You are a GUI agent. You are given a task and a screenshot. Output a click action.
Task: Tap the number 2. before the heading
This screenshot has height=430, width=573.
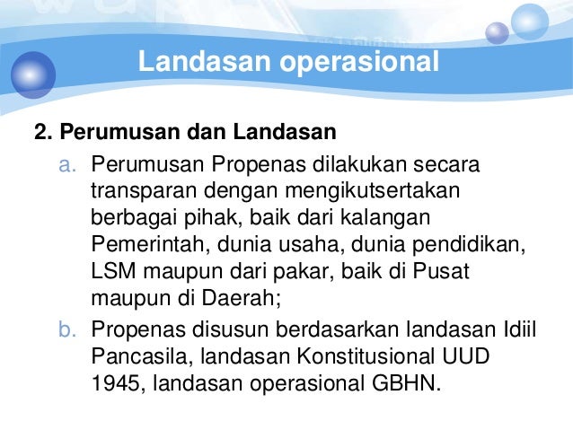pyautogui.click(x=41, y=135)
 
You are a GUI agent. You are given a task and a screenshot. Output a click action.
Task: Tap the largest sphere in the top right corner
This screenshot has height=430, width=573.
pyautogui.click(x=530, y=22)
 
